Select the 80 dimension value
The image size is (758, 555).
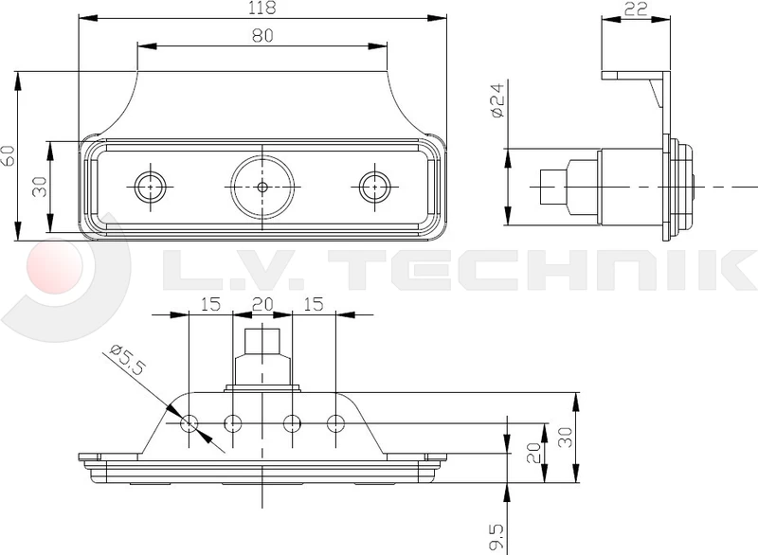click(263, 36)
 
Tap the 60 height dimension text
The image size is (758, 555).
click(9, 155)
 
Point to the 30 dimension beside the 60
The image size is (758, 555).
click(39, 187)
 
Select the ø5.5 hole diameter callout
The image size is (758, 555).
click(126, 360)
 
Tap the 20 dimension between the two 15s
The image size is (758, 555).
click(262, 304)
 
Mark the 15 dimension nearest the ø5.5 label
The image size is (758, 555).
click(209, 304)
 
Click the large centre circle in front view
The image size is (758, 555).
click(262, 187)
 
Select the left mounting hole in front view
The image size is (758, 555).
click(149, 187)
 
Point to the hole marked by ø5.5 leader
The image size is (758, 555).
click(190, 422)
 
